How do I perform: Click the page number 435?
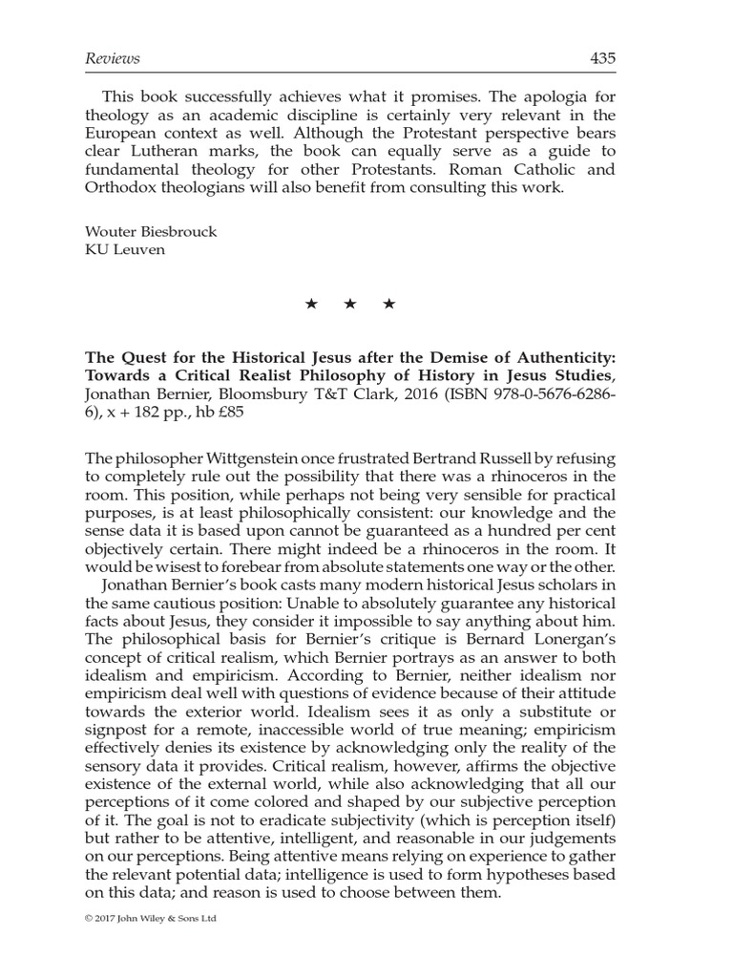click(602, 59)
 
